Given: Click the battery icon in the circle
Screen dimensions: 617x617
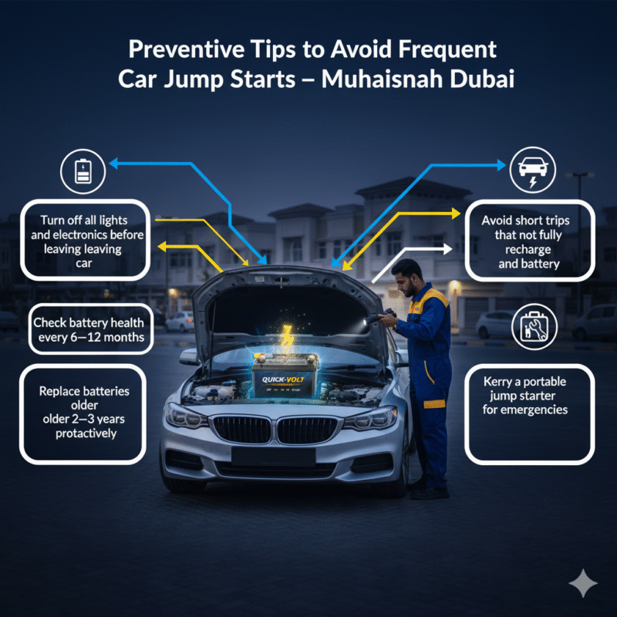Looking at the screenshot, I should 83,173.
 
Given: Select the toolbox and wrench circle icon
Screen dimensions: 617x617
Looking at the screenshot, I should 533,326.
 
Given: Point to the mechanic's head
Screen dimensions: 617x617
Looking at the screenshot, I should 406,276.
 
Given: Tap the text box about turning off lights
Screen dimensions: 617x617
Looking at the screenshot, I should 84,239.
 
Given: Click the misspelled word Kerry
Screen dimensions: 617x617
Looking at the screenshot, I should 499,382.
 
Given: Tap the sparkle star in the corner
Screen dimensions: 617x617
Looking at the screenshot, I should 582,584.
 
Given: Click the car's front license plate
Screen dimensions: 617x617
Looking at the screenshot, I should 275,456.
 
